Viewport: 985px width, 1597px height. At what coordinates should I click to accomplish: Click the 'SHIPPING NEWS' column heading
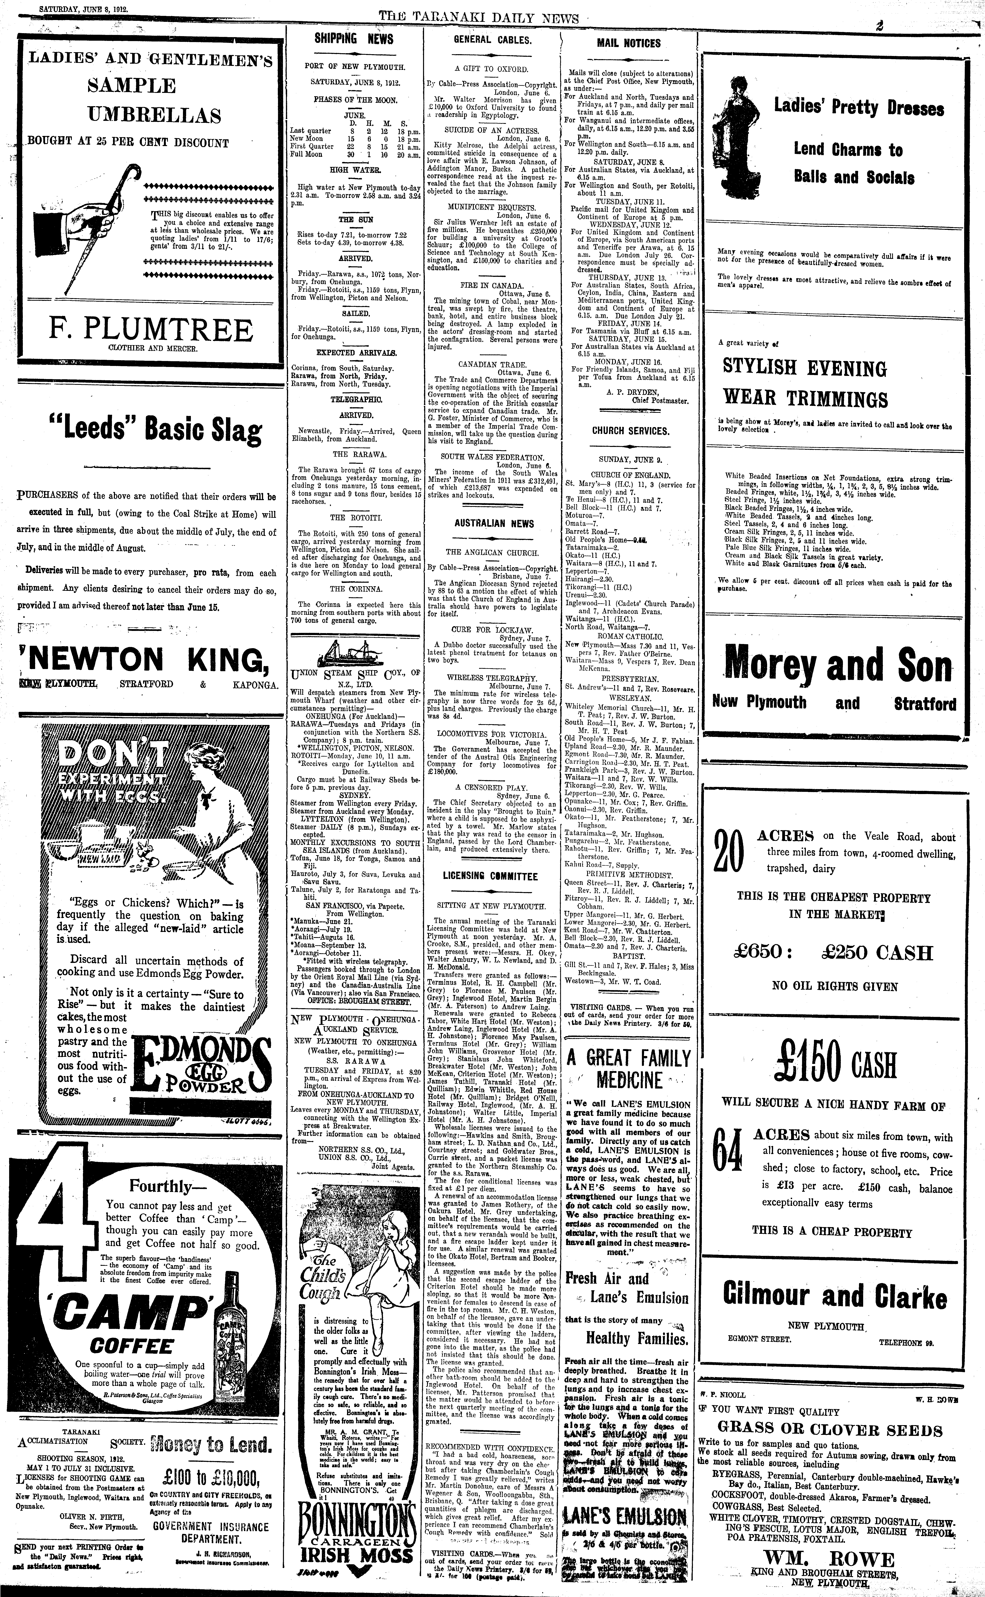click(x=354, y=39)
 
